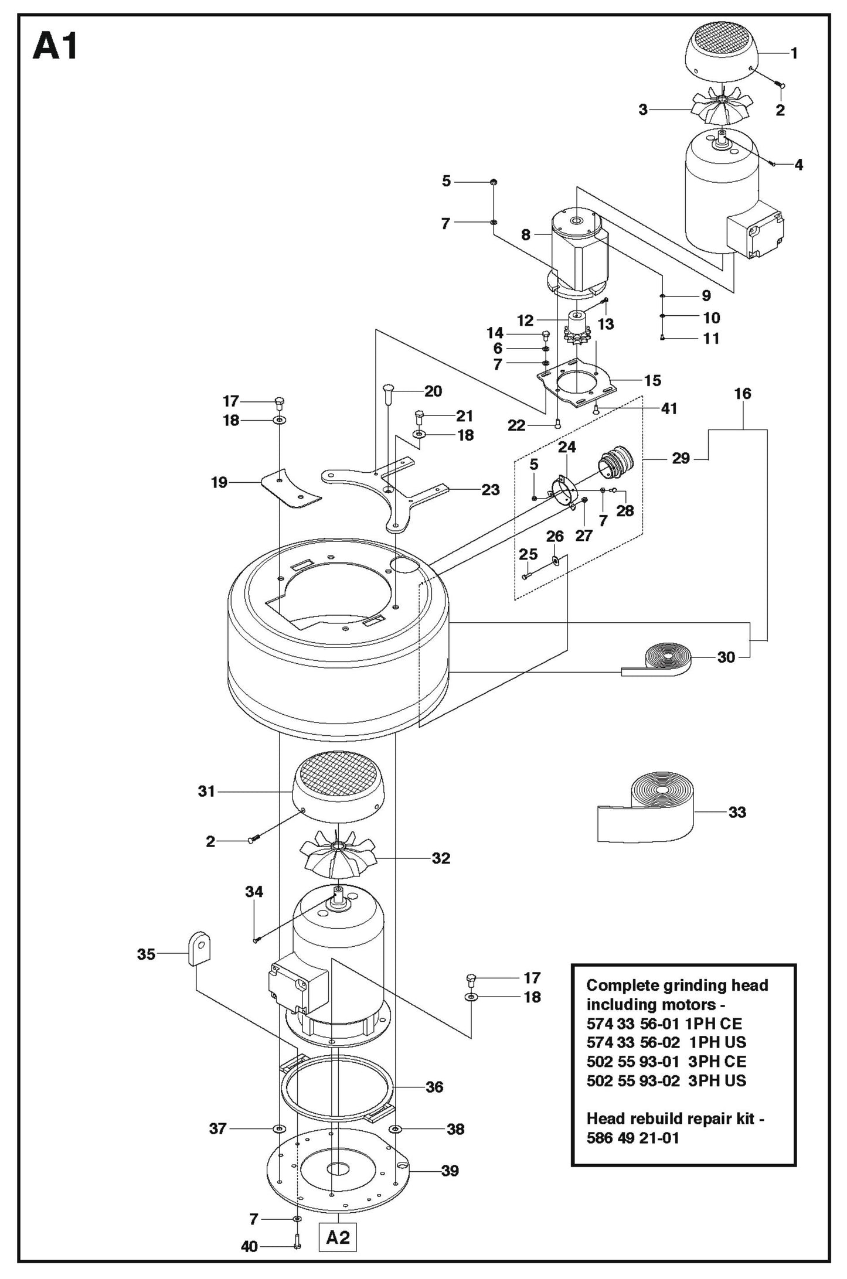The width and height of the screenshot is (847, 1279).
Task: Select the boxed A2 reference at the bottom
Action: pos(338,1237)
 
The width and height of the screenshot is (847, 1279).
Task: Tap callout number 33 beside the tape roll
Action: pos(737,812)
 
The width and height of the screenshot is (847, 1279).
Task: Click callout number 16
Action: pos(742,393)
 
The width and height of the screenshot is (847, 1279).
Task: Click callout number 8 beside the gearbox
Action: pos(525,235)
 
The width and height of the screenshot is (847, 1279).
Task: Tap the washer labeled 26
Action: pos(555,561)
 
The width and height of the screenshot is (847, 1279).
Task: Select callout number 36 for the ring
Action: pos(434,1087)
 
